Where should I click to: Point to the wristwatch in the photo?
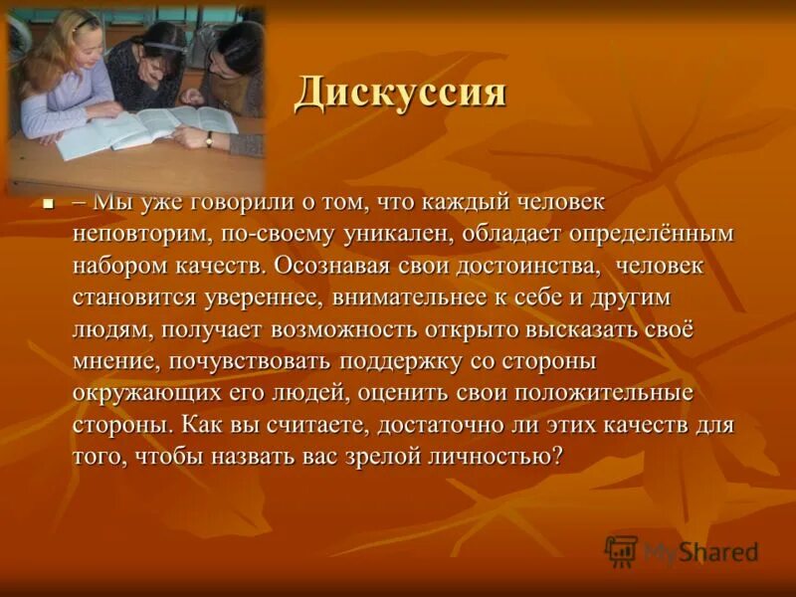208,139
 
